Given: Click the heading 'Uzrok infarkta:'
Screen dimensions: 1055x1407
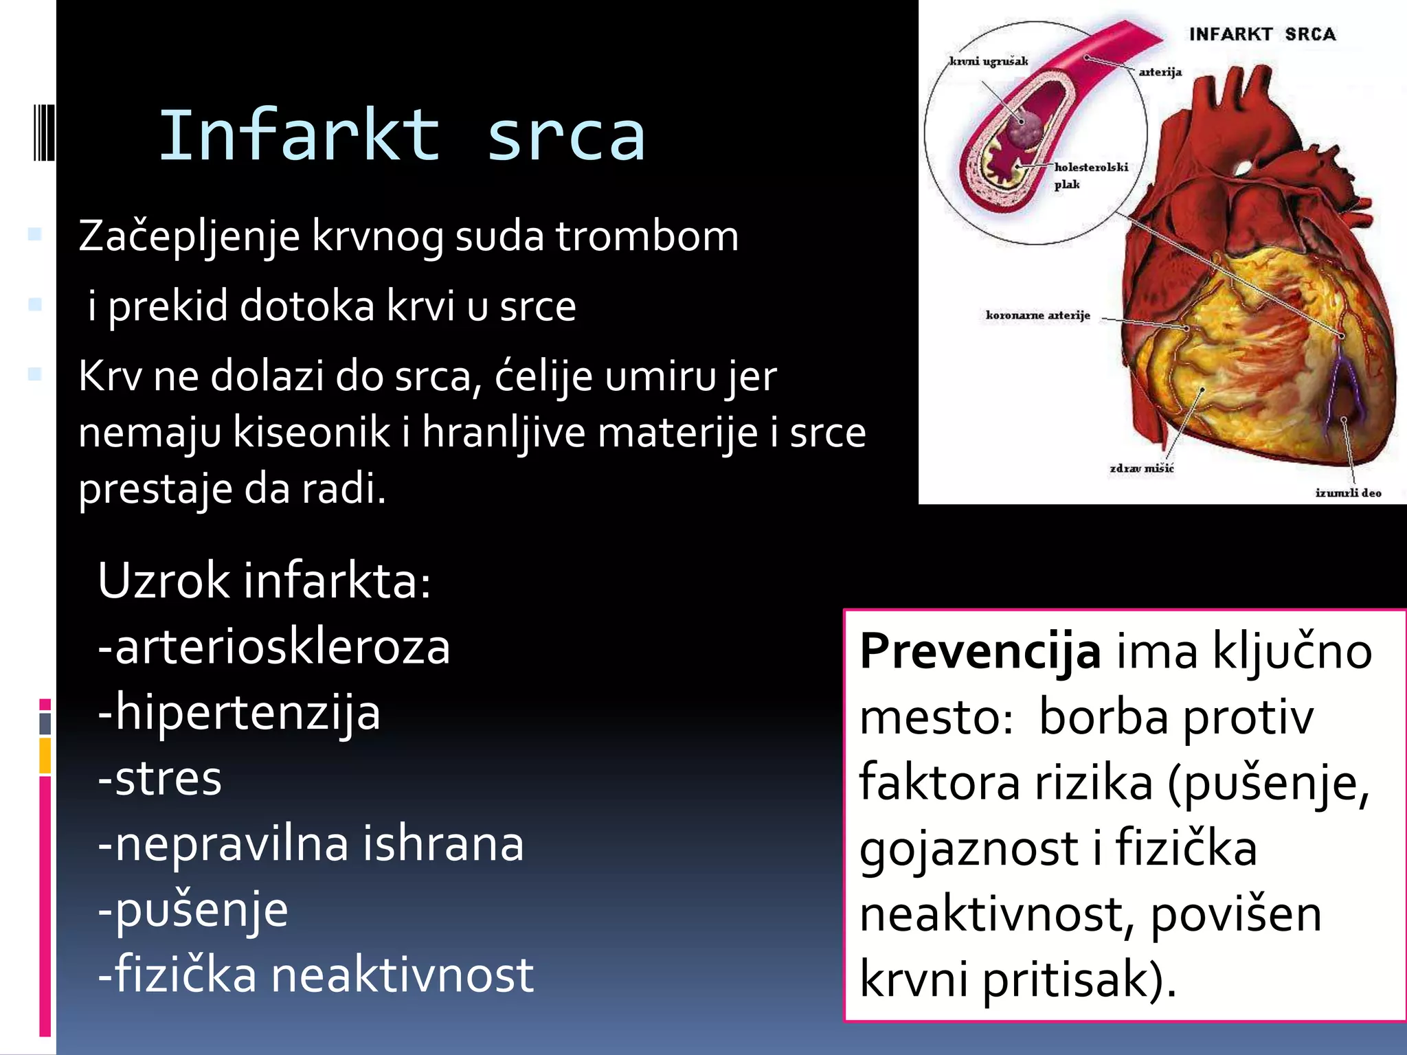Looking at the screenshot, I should [264, 581].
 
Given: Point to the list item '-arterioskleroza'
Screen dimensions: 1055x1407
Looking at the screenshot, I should [274, 647].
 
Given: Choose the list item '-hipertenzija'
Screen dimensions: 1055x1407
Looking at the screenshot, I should [239, 713].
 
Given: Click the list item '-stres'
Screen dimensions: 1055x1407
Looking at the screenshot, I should [160, 779].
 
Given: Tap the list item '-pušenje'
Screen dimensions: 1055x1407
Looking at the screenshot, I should [193, 911].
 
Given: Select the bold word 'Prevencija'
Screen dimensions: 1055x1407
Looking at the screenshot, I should [980, 651].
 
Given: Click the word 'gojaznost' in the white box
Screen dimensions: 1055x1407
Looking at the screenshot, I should [968, 849].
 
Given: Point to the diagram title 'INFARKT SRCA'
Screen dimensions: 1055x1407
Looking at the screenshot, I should [1262, 34].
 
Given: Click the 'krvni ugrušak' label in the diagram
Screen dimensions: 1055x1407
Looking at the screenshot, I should [989, 62].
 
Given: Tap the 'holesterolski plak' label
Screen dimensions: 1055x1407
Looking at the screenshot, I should [1091, 175].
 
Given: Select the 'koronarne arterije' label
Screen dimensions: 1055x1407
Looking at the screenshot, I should [1037, 315].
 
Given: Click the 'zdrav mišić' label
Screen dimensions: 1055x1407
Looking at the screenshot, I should [1141, 468].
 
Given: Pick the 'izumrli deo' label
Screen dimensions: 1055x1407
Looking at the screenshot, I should [1348, 492].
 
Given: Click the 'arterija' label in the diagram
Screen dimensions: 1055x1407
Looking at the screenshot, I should [1160, 72].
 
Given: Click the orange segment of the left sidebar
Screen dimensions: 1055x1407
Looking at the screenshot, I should [45, 755].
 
